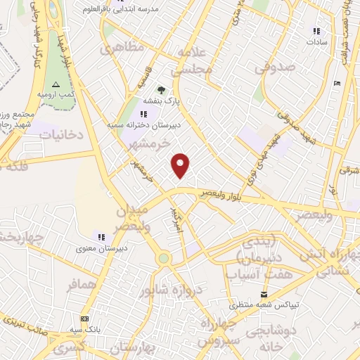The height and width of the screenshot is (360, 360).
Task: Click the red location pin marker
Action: pyautogui.click(x=181, y=165)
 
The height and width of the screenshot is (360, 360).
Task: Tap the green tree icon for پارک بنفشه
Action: pyautogui.click(x=162, y=89)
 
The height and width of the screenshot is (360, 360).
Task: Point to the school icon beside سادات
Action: pyautogui.click(x=316, y=31)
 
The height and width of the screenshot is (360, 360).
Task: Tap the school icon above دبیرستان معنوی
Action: pyautogui.click(x=101, y=236)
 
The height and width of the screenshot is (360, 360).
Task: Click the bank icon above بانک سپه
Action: pyautogui.click(x=85, y=318)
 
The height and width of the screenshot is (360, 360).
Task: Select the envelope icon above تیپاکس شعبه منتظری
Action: pyautogui.click(x=264, y=294)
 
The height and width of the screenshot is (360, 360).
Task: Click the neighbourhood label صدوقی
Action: pyautogui.click(x=270, y=69)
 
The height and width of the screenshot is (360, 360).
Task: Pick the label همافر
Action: pyautogui.click(x=82, y=286)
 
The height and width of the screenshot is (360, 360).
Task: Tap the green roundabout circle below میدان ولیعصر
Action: pyautogui.click(x=164, y=258)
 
